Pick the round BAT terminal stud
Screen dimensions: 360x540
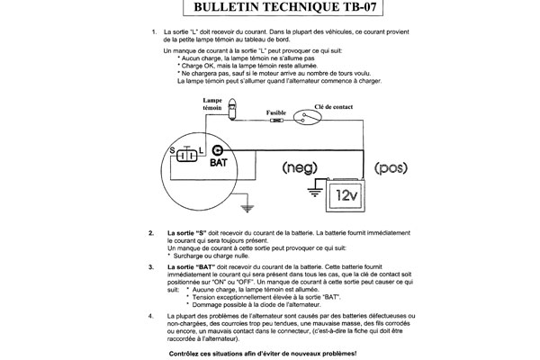(x=218, y=149)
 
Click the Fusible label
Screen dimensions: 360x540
(x=277, y=105)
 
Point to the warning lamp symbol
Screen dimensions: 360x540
(x=233, y=111)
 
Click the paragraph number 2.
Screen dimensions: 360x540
(x=149, y=233)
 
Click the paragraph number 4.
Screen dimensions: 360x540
(x=149, y=317)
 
